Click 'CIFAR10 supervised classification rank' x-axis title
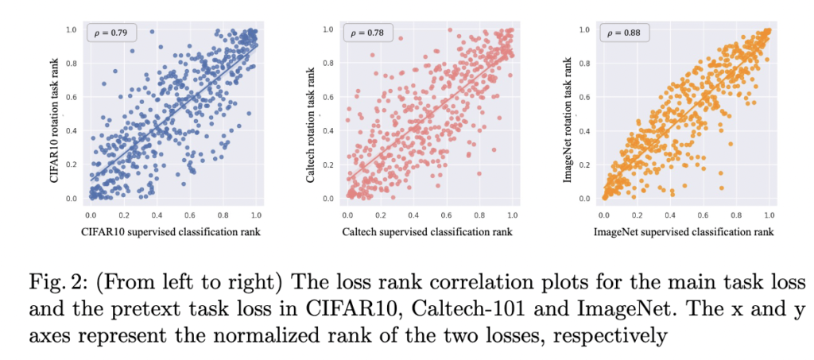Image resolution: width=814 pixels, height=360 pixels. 172,232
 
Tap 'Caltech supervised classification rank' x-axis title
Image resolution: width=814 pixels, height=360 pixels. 428,232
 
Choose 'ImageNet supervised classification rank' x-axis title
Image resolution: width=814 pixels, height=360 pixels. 684,232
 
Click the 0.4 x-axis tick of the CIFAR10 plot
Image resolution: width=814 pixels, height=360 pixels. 157,215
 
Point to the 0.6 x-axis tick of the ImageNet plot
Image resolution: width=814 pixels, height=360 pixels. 703,215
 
